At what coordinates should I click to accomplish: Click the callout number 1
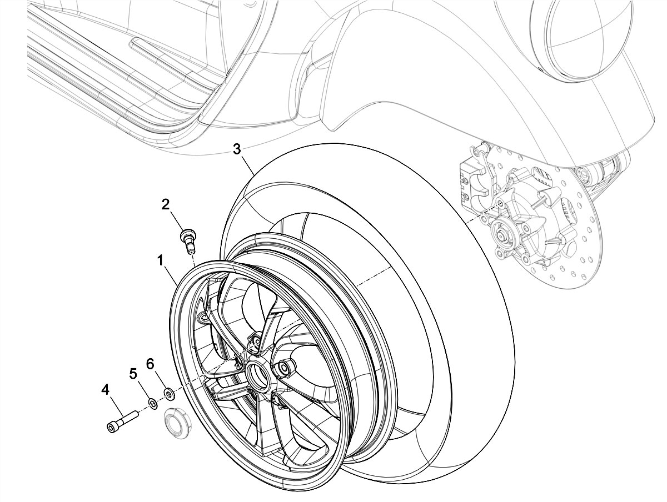point(160,259)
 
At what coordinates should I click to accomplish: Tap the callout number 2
point(166,204)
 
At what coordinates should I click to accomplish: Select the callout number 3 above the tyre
point(237,149)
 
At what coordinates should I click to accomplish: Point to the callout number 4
point(106,390)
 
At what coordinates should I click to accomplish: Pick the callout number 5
point(133,373)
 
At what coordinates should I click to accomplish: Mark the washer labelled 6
point(169,395)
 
